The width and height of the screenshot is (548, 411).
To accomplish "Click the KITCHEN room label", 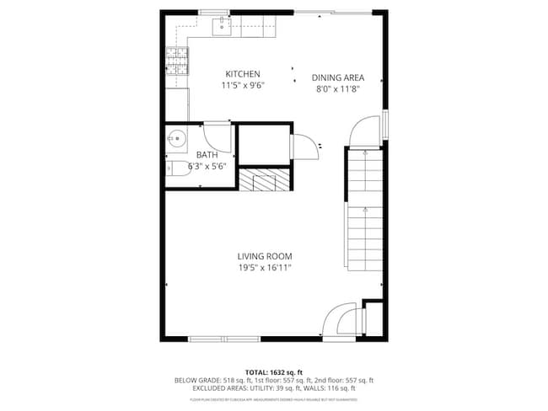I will pyautogui.click(x=242, y=74).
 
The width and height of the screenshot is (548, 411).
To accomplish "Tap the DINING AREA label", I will pyautogui.click(x=338, y=77).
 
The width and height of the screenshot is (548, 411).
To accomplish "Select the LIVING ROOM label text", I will pyautogui.click(x=264, y=256).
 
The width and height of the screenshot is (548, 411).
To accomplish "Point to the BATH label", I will pyautogui.click(x=207, y=155).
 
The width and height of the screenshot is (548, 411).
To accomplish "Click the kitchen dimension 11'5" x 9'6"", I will pyautogui.click(x=243, y=86).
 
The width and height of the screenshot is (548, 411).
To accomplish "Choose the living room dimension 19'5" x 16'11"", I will pyautogui.click(x=264, y=268).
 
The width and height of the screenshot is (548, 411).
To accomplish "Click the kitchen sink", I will pyautogui.click(x=221, y=26).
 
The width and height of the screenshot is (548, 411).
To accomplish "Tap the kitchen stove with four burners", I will pyautogui.click(x=176, y=61).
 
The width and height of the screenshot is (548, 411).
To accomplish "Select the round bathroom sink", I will pyautogui.click(x=177, y=138).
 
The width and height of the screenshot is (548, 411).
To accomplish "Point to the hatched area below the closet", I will pyautogui.click(x=264, y=179).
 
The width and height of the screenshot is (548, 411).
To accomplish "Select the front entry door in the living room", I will pyautogui.click(x=342, y=320).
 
